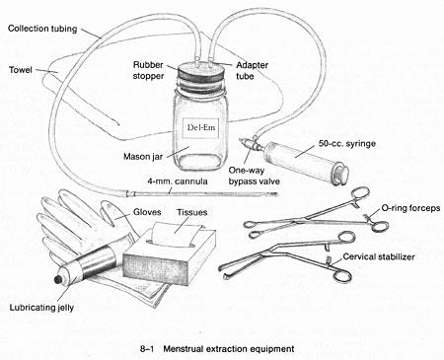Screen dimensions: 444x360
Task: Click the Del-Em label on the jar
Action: click(201, 127)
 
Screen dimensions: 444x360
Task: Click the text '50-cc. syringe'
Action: click(347, 144)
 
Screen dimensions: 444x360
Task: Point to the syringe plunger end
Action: click(342, 175)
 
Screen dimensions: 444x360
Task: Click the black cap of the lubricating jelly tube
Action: click(58, 279)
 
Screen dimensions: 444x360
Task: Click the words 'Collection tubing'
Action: click(42, 29)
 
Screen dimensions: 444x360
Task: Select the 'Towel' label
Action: click(21, 70)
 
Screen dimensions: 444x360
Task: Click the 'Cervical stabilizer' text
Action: click(379, 256)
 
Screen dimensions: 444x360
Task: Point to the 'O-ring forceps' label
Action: click(410, 208)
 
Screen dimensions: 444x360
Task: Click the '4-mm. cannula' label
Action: click(178, 181)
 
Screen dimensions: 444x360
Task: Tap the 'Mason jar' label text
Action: click(143, 157)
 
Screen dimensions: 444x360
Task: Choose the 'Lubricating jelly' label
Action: click(41, 308)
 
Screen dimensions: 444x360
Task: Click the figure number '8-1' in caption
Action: click(147, 349)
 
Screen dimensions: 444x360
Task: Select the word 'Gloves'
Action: click(147, 212)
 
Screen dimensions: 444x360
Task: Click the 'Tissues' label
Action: click(192, 212)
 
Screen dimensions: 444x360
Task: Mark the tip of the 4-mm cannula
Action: click(276, 194)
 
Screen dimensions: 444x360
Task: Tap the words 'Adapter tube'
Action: click(252, 70)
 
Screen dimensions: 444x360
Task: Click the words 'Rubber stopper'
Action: click(148, 70)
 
